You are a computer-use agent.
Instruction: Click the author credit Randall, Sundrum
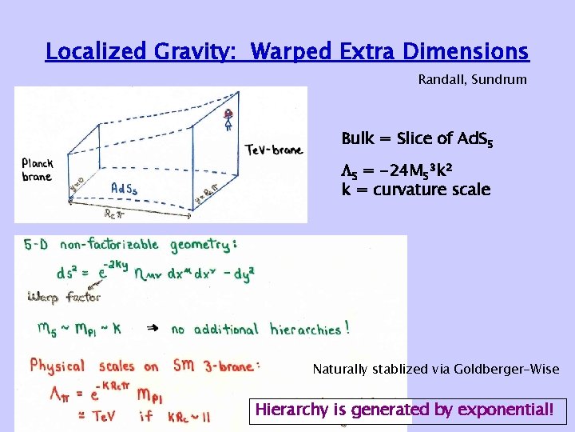472,80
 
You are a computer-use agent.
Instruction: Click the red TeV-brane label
274,150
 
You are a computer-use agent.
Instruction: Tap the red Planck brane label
37,170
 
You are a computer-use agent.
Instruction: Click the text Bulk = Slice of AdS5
417,139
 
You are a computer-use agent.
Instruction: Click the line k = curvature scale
415,190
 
